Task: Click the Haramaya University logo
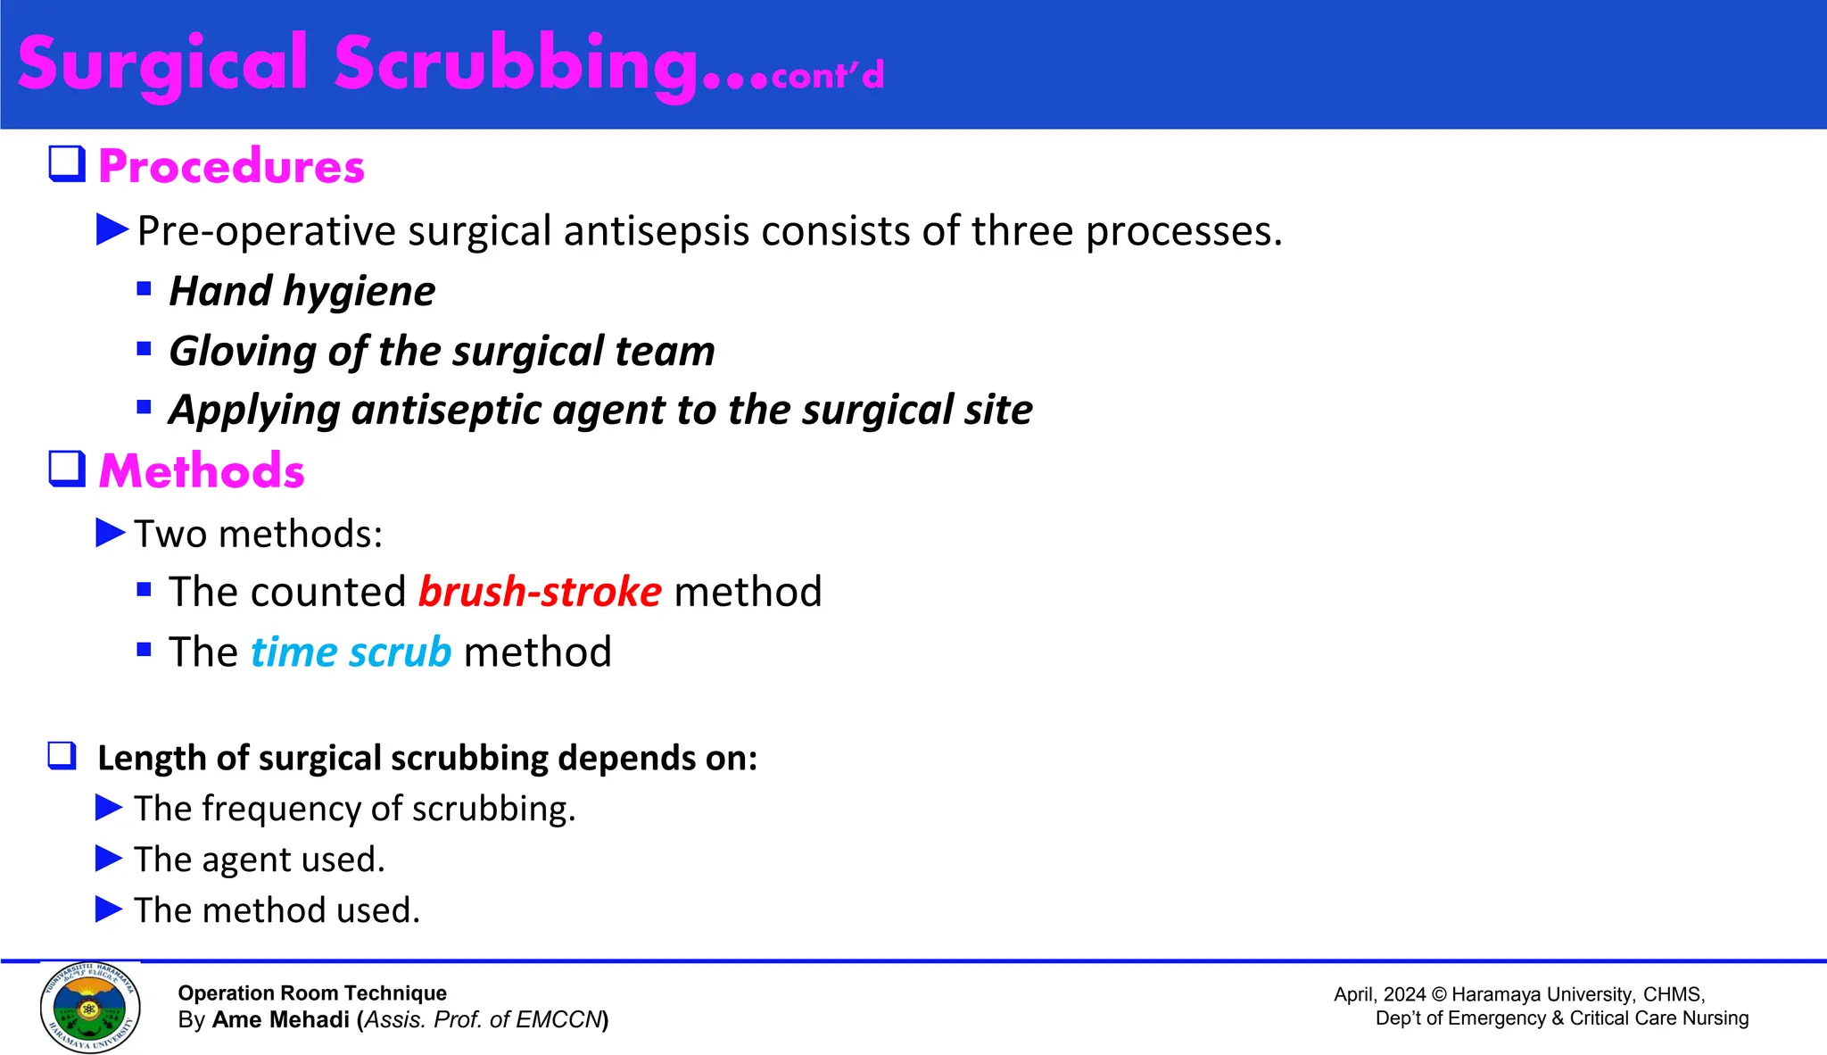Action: pyautogui.click(x=90, y=1007)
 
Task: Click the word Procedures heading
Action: pyautogui.click(x=231, y=166)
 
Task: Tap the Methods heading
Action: pyautogui.click(x=202, y=470)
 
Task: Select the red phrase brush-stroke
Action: pyautogui.click(x=540, y=592)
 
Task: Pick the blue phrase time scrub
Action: pyautogui.click(x=351, y=652)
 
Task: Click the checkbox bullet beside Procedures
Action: pyautogui.click(x=67, y=164)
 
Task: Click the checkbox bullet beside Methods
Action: pyautogui.click(x=67, y=469)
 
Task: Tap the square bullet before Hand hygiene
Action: pyautogui.click(x=145, y=288)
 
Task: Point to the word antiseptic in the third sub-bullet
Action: pyautogui.click(x=446, y=411)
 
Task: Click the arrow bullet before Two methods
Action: pyautogui.click(x=111, y=533)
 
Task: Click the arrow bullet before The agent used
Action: pyautogui.click(x=109, y=859)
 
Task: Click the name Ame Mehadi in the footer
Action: pyautogui.click(x=281, y=1019)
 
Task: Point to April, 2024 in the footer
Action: pyautogui.click(x=1379, y=994)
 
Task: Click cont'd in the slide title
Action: pyautogui.click(x=827, y=75)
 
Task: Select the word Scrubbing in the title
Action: pyautogui.click(x=516, y=64)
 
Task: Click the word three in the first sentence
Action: pyautogui.click(x=1021, y=231)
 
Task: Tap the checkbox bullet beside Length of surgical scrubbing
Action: pyautogui.click(x=62, y=756)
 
